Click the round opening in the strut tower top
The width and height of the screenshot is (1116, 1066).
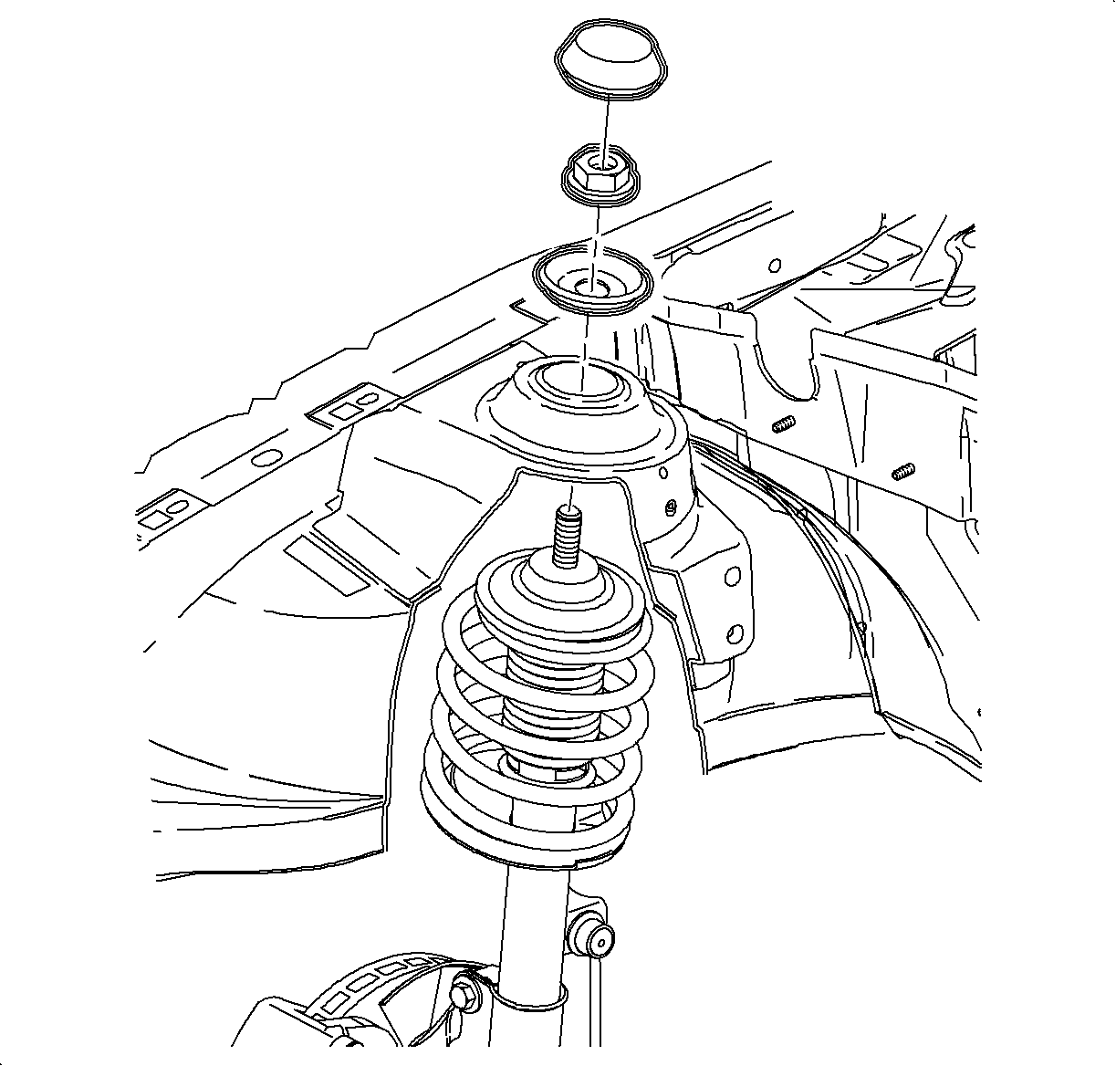click(581, 379)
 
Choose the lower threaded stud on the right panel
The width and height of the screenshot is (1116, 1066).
click(902, 472)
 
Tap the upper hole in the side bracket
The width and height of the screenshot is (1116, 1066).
click(731, 577)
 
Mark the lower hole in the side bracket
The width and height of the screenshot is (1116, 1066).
click(735, 632)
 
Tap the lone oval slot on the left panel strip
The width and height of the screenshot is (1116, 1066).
click(266, 458)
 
